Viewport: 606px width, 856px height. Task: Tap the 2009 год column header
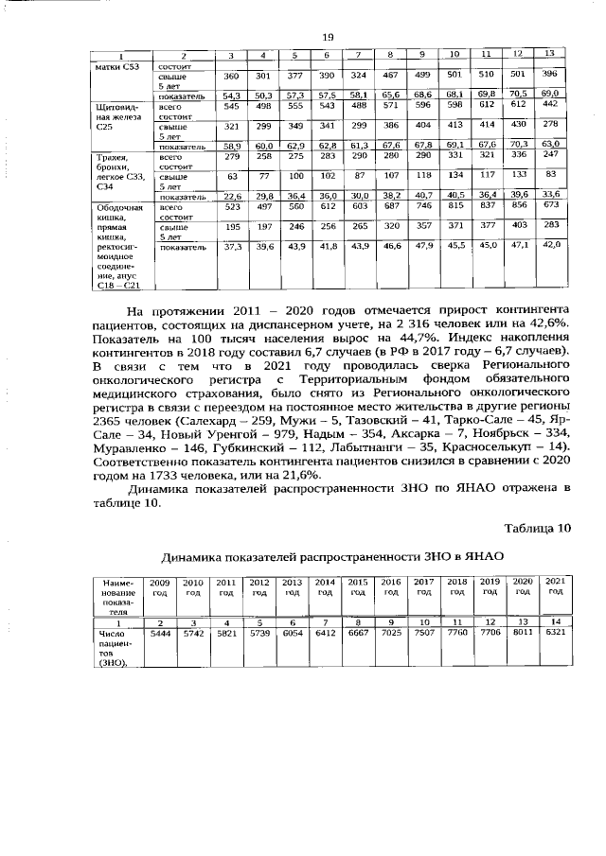click(x=160, y=585)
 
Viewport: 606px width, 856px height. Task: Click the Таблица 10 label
click(x=538, y=527)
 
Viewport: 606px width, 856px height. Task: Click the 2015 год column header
click(x=358, y=585)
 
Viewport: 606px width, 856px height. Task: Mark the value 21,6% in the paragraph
click(x=298, y=474)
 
